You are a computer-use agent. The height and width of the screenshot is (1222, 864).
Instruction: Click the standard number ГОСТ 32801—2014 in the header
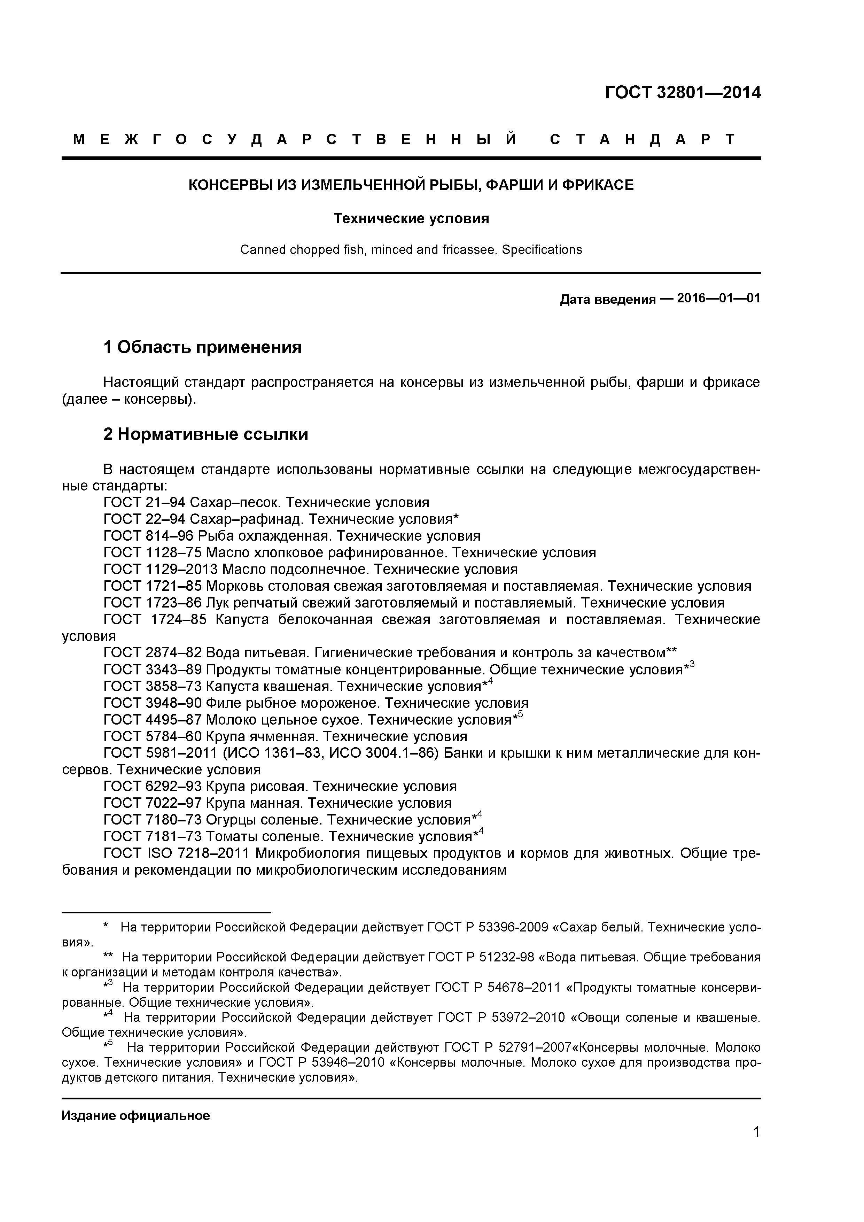click(683, 93)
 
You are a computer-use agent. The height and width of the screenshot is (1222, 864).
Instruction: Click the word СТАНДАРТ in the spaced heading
click(642, 139)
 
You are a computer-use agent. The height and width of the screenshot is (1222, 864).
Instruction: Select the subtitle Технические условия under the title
click(411, 219)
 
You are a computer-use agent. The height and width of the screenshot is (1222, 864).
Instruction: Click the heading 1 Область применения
click(202, 347)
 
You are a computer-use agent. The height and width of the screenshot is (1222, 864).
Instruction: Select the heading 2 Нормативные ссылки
click(205, 434)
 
